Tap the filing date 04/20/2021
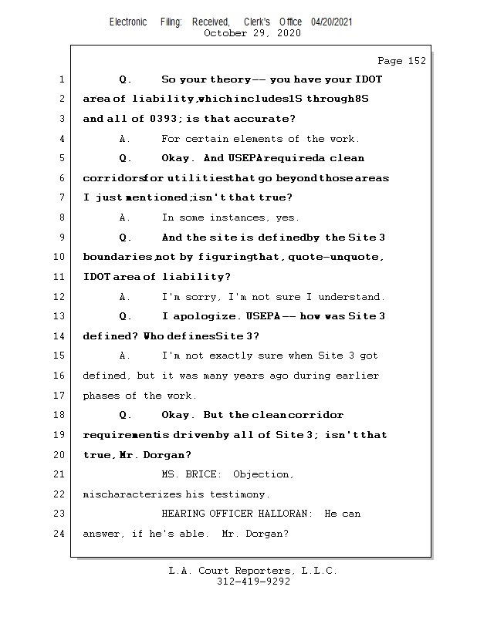(332, 22)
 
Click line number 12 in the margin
(60, 297)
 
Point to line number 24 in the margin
(60, 534)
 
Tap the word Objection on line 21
(263, 474)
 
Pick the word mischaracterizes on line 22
(132, 494)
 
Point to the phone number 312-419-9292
(253, 582)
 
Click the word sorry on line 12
(201, 297)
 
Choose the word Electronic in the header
(128, 22)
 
